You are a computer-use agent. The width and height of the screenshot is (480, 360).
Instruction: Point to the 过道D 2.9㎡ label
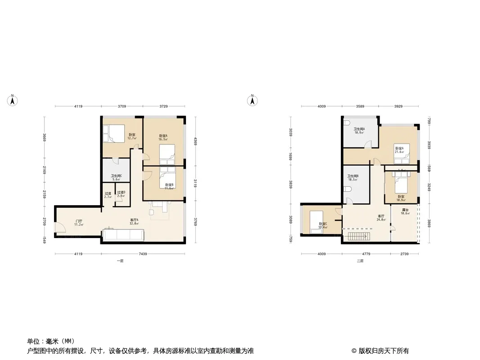coord(121,194)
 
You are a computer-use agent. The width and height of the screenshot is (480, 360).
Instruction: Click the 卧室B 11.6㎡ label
coord(169,186)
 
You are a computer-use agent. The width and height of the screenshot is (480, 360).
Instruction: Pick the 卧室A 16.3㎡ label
coord(163,138)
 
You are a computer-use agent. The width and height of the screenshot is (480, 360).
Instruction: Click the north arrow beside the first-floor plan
coord(14,100)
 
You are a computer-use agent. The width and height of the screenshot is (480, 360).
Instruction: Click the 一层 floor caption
coord(119,261)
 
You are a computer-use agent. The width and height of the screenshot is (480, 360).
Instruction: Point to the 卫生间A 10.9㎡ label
coord(359,131)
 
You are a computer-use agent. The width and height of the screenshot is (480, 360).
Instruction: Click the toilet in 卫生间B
coord(347,201)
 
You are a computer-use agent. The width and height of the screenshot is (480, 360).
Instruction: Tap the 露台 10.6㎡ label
coord(405,212)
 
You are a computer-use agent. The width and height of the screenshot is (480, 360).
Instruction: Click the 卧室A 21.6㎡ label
coord(399,150)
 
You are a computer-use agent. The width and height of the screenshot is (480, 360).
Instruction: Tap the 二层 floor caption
coord(359,261)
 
